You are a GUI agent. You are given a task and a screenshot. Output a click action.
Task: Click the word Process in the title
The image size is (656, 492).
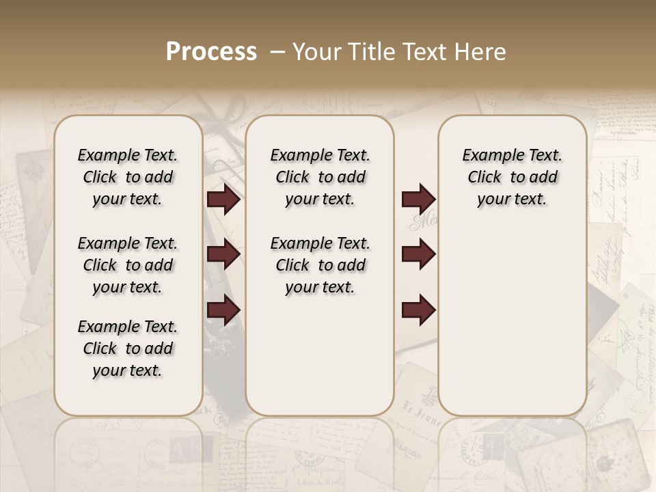pyautogui.click(x=211, y=52)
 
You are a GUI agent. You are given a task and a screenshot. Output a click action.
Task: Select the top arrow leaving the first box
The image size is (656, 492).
pyautogui.click(x=223, y=200)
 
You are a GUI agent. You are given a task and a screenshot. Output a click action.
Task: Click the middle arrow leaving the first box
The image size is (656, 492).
pyautogui.click(x=223, y=255)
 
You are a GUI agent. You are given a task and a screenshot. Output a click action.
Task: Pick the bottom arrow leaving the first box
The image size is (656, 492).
pyautogui.click(x=223, y=310)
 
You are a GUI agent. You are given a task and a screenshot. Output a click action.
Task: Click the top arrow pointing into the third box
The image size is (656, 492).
pyautogui.click(x=418, y=200)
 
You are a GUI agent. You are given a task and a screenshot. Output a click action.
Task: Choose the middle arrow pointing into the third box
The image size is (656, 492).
pyautogui.click(x=418, y=255)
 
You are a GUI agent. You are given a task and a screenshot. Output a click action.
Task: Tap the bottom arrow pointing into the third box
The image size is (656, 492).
pyautogui.click(x=418, y=310)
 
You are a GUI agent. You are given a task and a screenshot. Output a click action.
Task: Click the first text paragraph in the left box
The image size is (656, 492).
pyautogui.click(x=128, y=177)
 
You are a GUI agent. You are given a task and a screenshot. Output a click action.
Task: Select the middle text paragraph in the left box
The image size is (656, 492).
pyautogui.click(x=128, y=265)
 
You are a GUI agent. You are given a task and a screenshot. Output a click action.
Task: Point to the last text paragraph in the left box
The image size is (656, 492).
pyautogui.click(x=128, y=348)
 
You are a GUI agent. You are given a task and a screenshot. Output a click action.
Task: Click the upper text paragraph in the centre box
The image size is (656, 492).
pyautogui.click(x=320, y=177)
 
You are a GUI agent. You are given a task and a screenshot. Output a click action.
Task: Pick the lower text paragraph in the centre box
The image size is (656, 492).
pyautogui.click(x=320, y=265)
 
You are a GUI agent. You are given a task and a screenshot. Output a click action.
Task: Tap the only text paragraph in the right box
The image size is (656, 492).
pyautogui.click(x=512, y=177)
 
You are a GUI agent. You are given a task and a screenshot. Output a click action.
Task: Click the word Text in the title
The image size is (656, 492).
pyautogui.click(x=423, y=52)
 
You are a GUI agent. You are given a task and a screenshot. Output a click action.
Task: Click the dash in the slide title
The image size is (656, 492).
pyautogui.click(x=277, y=53)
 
